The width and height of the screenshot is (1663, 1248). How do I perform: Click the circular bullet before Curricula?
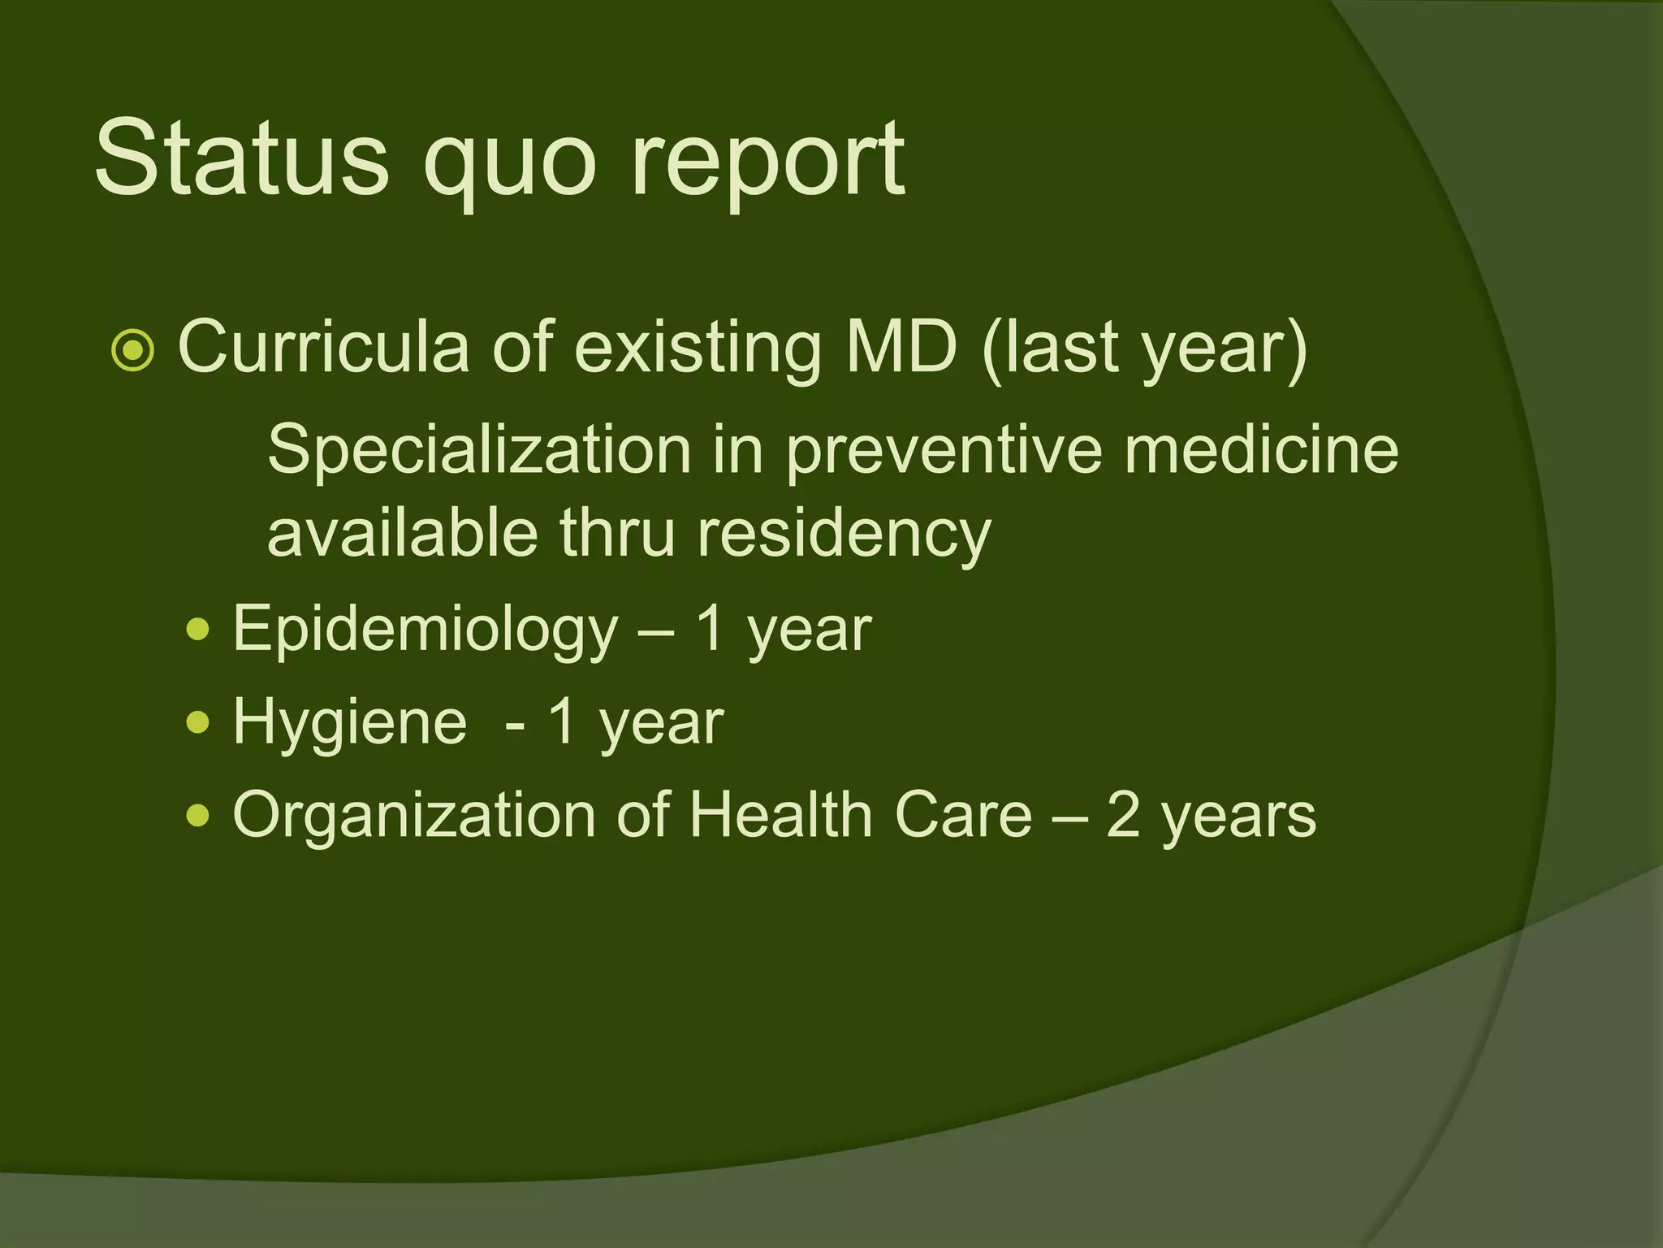pos(132,352)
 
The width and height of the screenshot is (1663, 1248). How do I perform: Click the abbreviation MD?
pos(901,348)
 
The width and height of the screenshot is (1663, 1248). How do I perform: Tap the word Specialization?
pos(479,451)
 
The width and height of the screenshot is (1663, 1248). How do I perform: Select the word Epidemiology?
pos(425,630)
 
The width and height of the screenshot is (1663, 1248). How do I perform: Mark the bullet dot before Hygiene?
pos(197,721)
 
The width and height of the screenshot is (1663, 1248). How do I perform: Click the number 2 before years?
pos(1123,815)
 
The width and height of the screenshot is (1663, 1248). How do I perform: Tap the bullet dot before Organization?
pos(197,814)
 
